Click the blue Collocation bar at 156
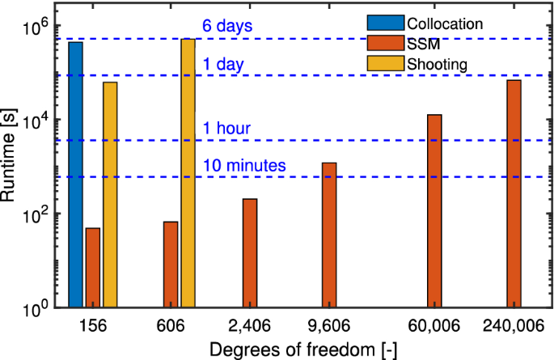point(75,175)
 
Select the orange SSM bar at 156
point(93,268)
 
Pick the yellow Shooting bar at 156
point(110,195)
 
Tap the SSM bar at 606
point(171,265)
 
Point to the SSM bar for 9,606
point(329,235)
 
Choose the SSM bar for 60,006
point(434,211)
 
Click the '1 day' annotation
point(223,63)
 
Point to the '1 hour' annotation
point(227,128)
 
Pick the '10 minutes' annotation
point(245,165)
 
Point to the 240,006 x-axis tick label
point(514,325)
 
